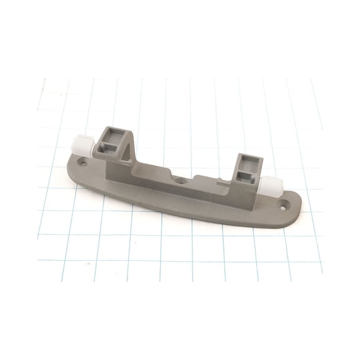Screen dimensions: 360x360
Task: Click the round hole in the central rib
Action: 180,179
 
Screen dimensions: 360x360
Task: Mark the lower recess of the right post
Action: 245,174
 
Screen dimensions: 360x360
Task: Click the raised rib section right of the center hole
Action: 203,184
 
